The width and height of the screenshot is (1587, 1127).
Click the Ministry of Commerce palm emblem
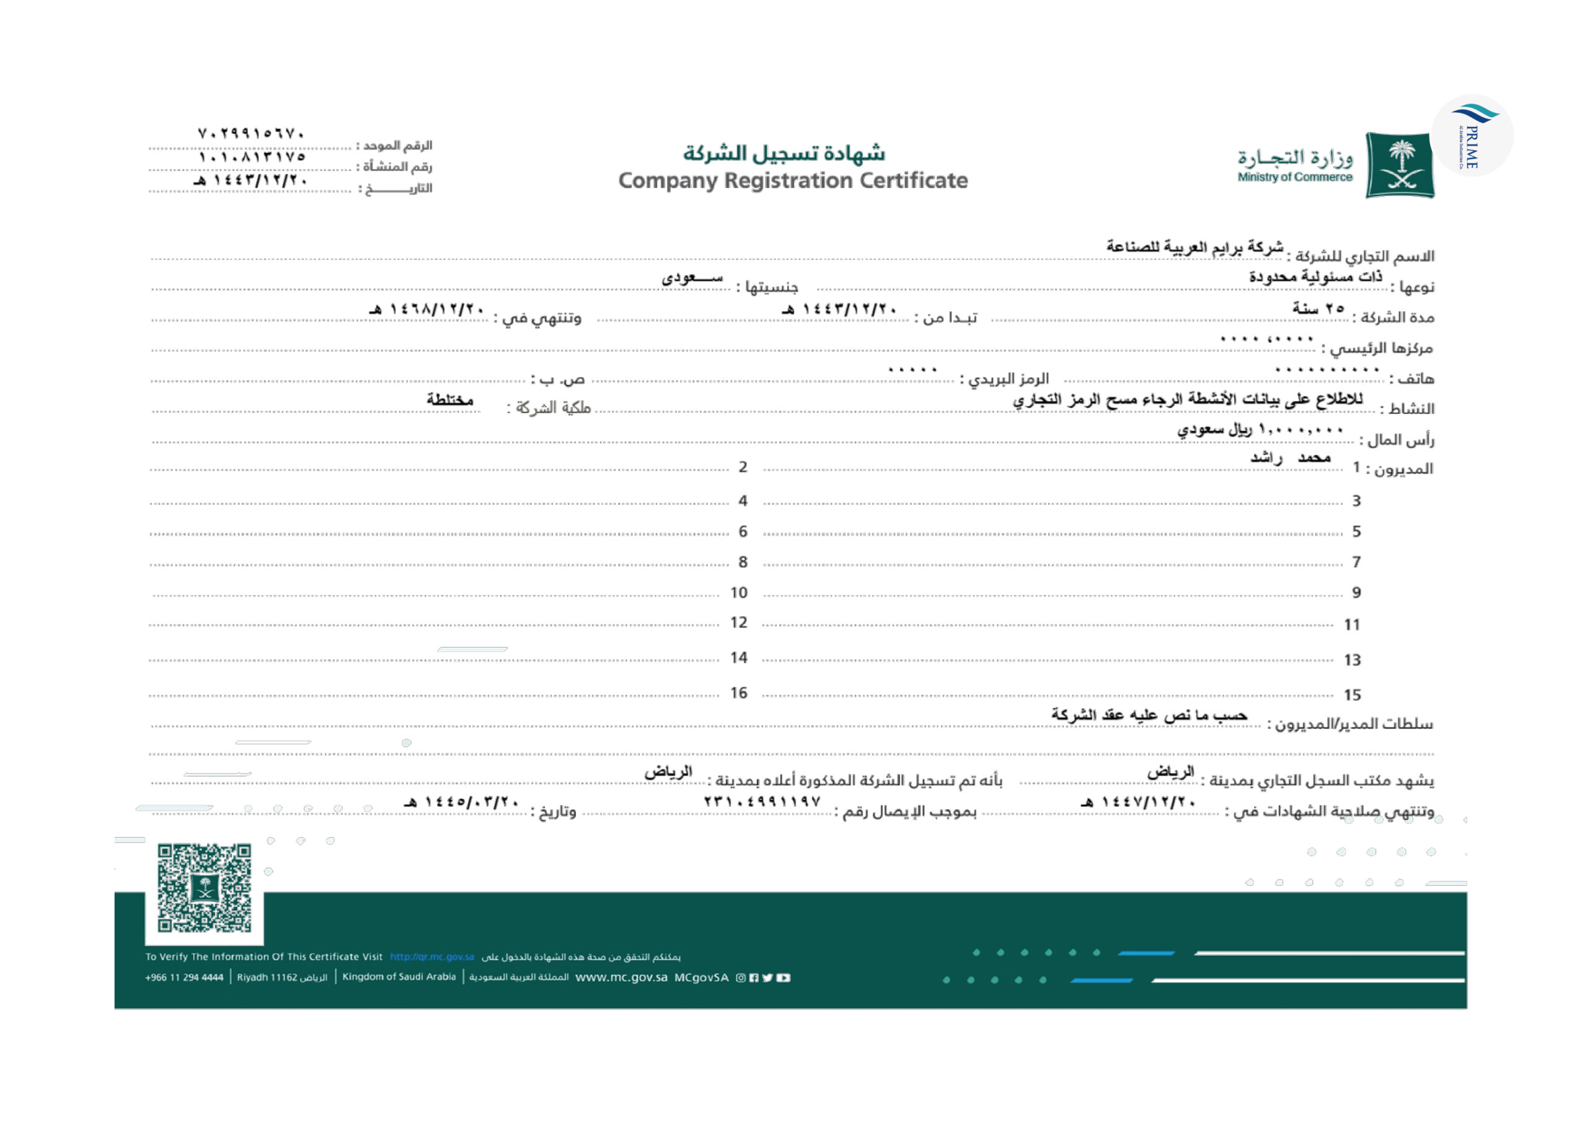coord(1399,165)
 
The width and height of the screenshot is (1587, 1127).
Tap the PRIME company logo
coord(1472,136)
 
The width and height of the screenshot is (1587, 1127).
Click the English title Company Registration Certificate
coord(792,180)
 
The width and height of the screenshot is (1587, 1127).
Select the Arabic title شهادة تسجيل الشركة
coord(784,152)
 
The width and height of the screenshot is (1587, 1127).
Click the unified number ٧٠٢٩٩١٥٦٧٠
coord(251,133)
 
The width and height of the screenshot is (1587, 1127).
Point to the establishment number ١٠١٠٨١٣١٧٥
coord(251,157)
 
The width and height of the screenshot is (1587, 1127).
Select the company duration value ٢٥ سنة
coord(1318,308)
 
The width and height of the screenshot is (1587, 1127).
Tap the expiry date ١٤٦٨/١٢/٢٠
coord(427,309)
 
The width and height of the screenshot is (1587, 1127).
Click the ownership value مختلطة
coord(449,400)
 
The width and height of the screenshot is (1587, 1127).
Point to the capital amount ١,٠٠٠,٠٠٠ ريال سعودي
coord(1260,430)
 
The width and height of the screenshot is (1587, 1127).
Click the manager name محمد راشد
coord(1290,457)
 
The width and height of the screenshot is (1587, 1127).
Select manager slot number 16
coord(738,692)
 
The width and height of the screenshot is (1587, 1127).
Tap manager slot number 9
coord(1356,593)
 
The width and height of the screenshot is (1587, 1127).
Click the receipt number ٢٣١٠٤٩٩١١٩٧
coord(762,802)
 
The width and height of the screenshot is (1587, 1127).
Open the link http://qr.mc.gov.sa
coord(431,957)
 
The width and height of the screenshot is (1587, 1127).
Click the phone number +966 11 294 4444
coord(184,978)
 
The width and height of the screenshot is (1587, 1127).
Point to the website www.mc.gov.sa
coord(621,978)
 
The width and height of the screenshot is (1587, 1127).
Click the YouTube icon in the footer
coord(783,978)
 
